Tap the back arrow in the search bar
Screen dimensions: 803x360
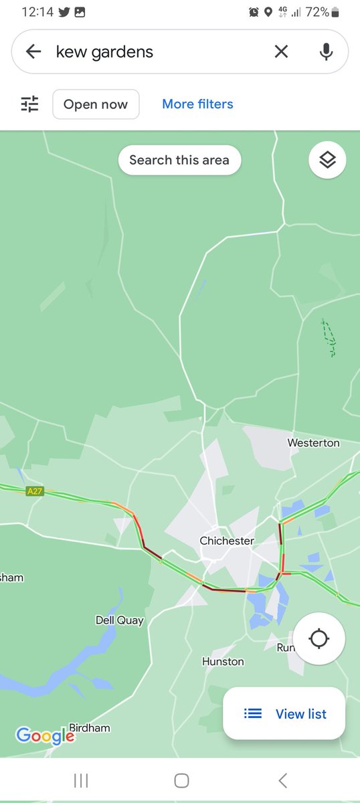point(33,52)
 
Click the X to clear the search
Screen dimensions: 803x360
point(281,52)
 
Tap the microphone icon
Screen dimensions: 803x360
point(326,52)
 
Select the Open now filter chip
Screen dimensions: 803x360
point(96,104)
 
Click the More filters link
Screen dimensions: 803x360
point(197,104)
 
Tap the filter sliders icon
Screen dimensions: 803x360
point(30,104)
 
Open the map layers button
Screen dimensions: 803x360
point(327,161)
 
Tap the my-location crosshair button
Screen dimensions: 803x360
point(319,639)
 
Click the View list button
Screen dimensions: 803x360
point(285,714)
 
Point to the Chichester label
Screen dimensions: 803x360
point(227,541)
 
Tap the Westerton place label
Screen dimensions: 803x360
point(313,443)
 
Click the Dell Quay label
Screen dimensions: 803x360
point(120,620)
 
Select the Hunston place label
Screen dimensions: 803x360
point(223,662)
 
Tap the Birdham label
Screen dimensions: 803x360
point(90,727)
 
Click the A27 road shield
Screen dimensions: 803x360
point(35,491)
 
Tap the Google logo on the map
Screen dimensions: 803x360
point(44,736)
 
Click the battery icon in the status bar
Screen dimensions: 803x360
point(335,12)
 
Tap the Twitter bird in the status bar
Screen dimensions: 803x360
point(64,12)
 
